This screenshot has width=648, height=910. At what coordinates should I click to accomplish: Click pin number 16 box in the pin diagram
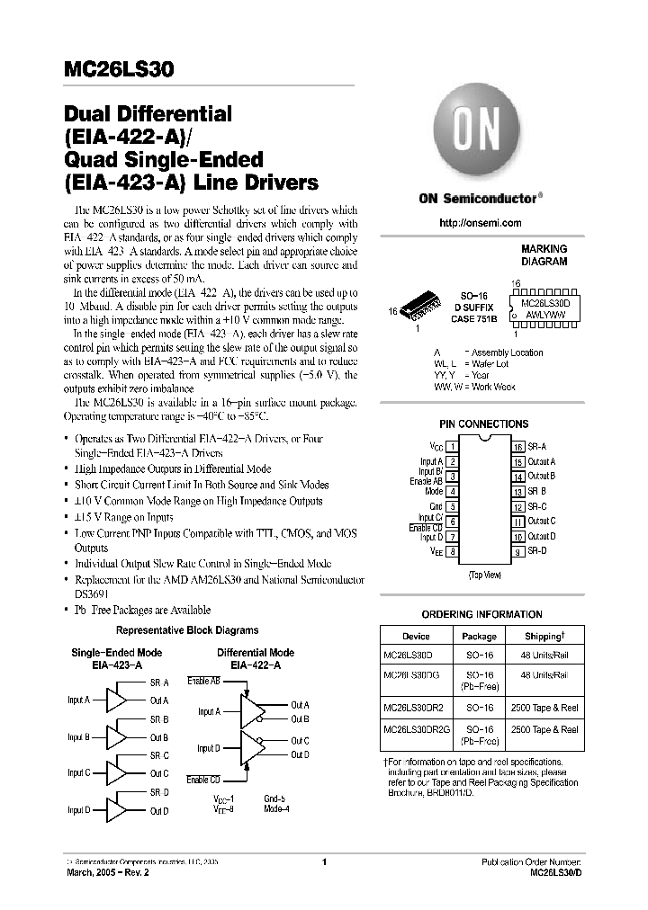pyautogui.click(x=519, y=446)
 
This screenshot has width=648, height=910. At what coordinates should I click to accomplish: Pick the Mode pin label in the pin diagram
pyautogui.click(x=434, y=492)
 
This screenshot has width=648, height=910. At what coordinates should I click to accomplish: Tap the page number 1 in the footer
pyautogui.click(x=323, y=862)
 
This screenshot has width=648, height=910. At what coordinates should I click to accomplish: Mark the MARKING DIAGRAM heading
pyautogui.click(x=544, y=255)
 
